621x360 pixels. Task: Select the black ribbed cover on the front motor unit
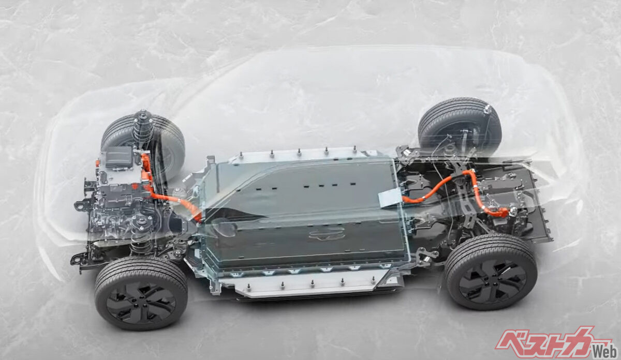coord(119,157)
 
